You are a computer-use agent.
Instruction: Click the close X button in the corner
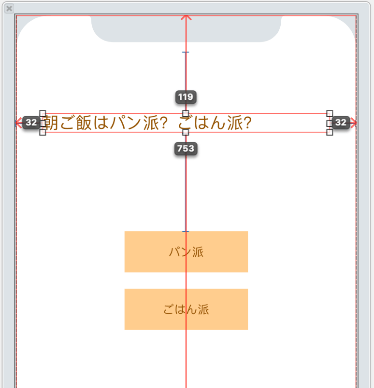point(9,8)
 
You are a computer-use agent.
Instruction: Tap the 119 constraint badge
point(186,97)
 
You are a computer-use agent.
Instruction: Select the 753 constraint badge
point(186,149)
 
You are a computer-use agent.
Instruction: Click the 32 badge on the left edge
point(31,123)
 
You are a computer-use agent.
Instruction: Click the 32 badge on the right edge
point(341,123)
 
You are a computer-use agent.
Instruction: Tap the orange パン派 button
point(186,252)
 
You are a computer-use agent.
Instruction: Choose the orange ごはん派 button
point(186,309)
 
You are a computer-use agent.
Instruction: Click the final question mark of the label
point(246,124)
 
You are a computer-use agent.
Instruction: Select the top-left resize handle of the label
point(43,113)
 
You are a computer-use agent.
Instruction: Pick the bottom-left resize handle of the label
point(43,132)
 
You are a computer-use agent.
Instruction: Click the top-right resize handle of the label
point(330,113)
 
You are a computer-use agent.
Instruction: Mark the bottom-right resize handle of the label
point(330,132)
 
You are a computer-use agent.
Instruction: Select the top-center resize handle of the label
point(186,113)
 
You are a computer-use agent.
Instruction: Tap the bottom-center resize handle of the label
point(186,132)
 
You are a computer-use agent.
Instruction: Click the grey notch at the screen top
point(186,29)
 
